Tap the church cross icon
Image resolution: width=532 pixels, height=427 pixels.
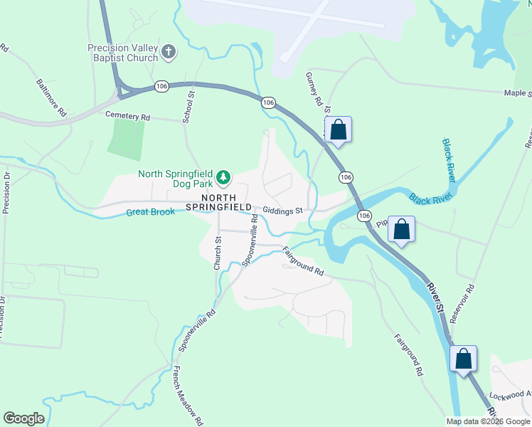tap(169, 51)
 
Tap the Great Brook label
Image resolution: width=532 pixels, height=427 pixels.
tap(151, 212)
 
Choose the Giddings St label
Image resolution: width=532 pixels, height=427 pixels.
tap(282, 211)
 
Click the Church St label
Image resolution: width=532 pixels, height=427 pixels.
tap(218, 253)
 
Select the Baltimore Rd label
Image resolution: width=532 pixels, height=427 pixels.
tap(51, 97)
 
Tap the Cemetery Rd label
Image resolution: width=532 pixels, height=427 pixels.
tap(128, 115)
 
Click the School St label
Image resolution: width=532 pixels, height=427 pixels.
tap(188, 107)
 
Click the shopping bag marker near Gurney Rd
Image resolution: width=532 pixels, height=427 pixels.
tap(339, 130)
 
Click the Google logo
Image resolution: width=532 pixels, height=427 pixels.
tap(23, 418)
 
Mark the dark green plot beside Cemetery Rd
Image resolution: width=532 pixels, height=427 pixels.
tap(126, 136)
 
